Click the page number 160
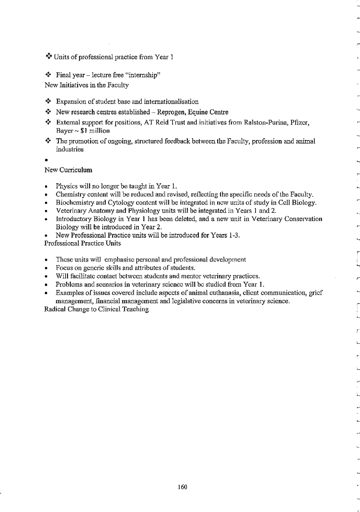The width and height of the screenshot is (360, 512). pyautogui.click(x=182, y=487)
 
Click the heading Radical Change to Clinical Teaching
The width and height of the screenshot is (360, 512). pyautogui.click(x=96, y=309)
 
